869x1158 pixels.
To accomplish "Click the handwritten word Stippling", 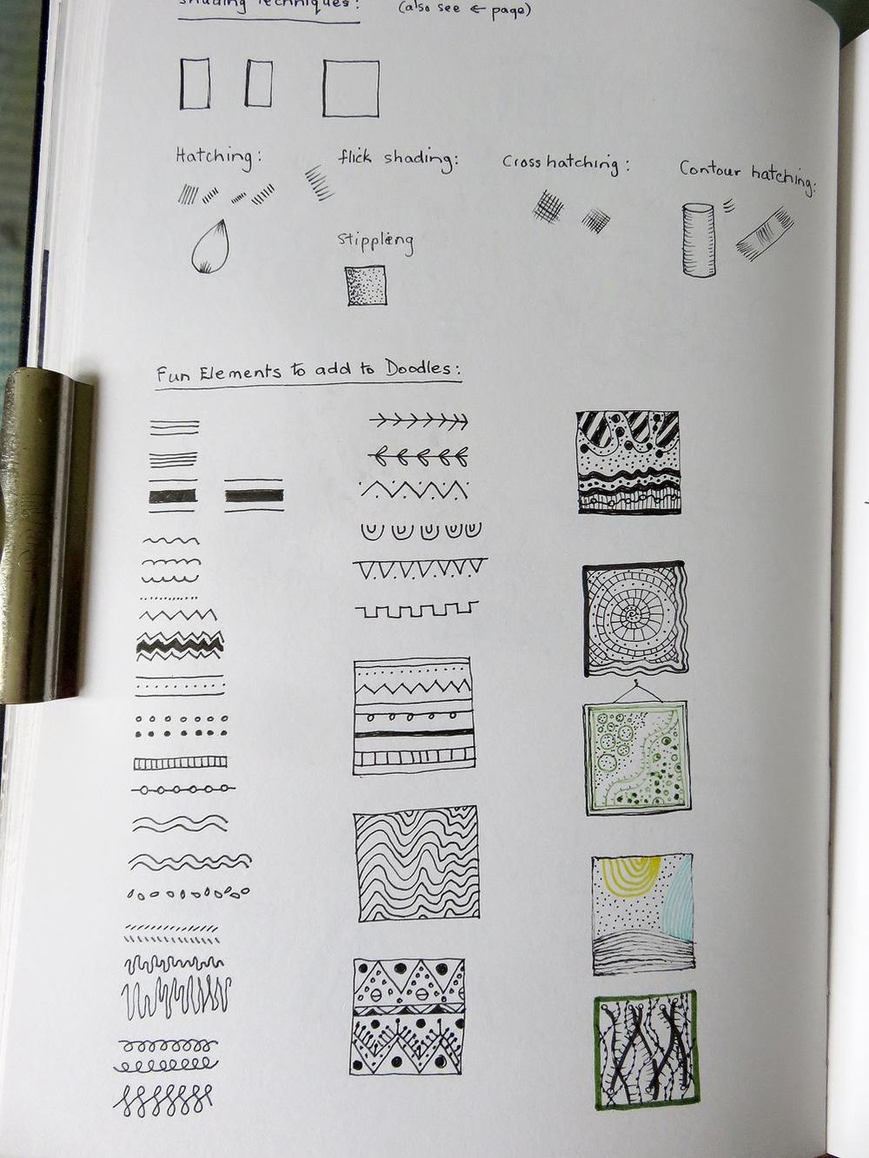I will click(x=375, y=242).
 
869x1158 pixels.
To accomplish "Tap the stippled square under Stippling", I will click(x=366, y=286).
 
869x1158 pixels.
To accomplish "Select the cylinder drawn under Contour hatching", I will click(x=698, y=240).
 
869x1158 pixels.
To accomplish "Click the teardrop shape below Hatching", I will click(x=210, y=247).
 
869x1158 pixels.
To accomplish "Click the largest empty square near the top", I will click(x=351, y=88).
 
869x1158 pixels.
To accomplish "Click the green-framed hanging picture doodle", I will click(x=642, y=758).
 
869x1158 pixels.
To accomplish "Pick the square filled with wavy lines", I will click(x=416, y=864).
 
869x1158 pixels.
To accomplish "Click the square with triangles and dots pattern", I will click(x=408, y=1016).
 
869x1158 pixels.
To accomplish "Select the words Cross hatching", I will click(x=565, y=162).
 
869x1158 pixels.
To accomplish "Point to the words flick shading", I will click(x=397, y=159).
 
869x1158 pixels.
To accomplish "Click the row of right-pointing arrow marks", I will click(x=418, y=422).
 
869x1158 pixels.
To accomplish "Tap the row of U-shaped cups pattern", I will click(x=420, y=529).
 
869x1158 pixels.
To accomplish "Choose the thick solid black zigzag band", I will click(x=180, y=644).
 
